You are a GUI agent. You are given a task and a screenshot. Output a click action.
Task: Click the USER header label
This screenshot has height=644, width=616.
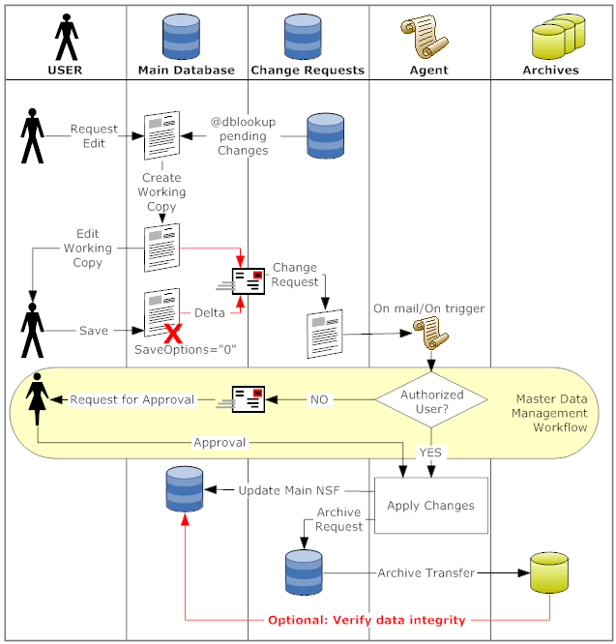pyautogui.click(x=65, y=70)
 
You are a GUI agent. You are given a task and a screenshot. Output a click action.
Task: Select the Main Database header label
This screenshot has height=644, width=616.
pyautogui.click(x=187, y=70)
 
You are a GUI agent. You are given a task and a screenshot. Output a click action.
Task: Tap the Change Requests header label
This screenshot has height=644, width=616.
pyautogui.click(x=308, y=70)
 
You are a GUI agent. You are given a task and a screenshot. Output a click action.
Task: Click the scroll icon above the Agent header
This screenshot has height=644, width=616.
pyautogui.click(x=426, y=38)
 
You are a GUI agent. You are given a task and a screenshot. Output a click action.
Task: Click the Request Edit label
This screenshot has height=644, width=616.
pyautogui.click(x=94, y=135)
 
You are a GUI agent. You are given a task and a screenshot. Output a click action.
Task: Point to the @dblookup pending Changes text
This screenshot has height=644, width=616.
pyautogui.click(x=244, y=135)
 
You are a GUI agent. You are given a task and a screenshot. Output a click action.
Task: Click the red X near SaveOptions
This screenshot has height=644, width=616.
pyautogui.click(x=175, y=335)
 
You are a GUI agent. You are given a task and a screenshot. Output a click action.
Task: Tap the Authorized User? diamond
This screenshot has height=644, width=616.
pyautogui.click(x=431, y=400)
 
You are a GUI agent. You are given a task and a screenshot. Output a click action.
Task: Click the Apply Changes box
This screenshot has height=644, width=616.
pyautogui.click(x=430, y=505)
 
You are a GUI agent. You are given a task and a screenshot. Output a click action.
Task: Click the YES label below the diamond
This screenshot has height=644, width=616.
pyautogui.click(x=430, y=452)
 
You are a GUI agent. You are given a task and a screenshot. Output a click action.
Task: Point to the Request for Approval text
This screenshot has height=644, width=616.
pyautogui.click(x=132, y=399)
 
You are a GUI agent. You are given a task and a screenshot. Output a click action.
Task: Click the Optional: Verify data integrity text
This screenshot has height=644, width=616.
pyautogui.click(x=367, y=620)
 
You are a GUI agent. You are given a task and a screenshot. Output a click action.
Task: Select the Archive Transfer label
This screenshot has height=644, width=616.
pyautogui.click(x=426, y=572)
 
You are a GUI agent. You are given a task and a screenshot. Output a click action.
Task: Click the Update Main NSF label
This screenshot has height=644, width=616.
pyautogui.click(x=287, y=490)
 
